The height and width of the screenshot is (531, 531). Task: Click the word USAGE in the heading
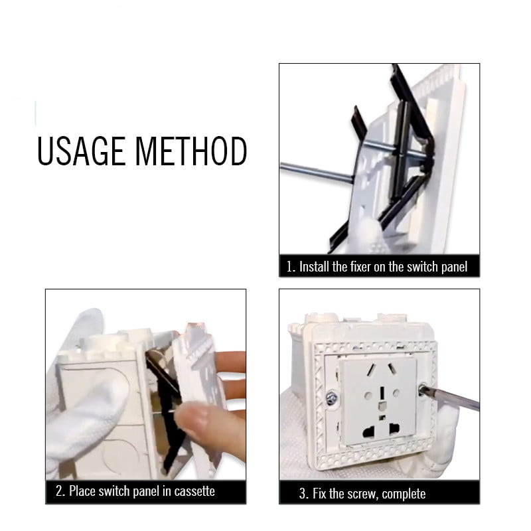click(x=81, y=151)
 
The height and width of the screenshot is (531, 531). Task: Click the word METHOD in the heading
click(x=191, y=151)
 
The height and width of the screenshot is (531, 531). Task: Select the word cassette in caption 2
click(x=194, y=491)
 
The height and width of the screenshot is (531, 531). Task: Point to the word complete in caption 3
click(x=404, y=494)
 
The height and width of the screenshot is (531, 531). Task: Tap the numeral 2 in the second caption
click(x=59, y=491)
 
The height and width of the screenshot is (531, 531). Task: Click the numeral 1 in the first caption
click(x=289, y=267)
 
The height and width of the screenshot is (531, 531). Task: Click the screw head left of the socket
click(x=331, y=398)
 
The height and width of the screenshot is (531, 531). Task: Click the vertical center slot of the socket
click(x=382, y=393)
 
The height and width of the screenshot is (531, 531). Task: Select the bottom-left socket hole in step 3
click(x=368, y=431)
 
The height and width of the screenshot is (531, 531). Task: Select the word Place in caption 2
click(x=82, y=491)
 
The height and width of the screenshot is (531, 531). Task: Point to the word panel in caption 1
click(x=454, y=267)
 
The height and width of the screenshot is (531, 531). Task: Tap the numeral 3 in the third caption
click(x=303, y=494)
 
